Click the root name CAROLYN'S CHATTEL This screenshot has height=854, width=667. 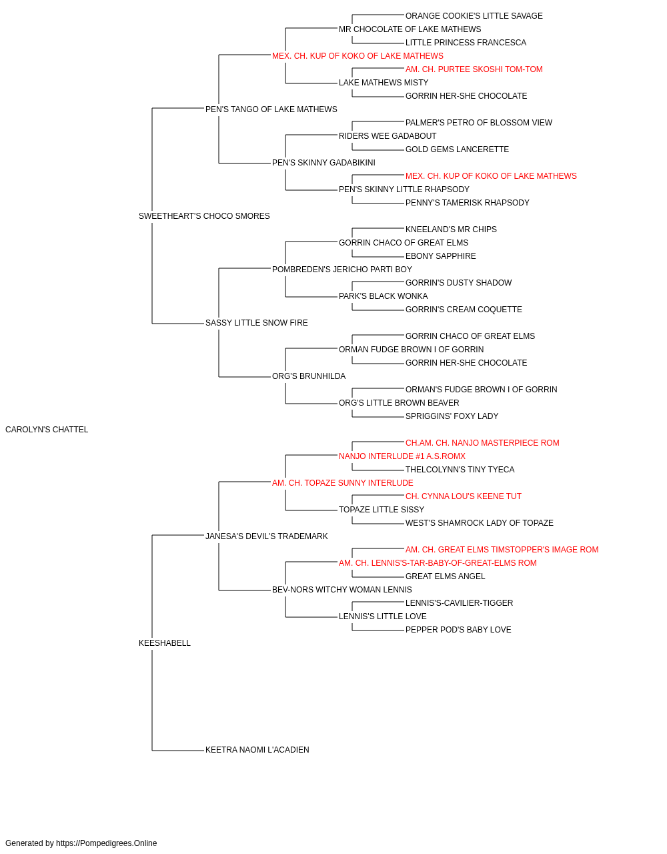click(x=47, y=430)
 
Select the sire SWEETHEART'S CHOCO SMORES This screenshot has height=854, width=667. click(x=204, y=216)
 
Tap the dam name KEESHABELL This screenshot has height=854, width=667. click(x=165, y=643)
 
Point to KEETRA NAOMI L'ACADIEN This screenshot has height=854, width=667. click(x=257, y=750)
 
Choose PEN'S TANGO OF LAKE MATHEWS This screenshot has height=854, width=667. click(x=271, y=109)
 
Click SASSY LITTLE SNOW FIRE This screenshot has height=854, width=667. click(x=257, y=323)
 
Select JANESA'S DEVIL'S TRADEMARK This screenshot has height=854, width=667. click(x=267, y=536)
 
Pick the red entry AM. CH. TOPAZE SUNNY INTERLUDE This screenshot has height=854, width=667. click(x=343, y=483)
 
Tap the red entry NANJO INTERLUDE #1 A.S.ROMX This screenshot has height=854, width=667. click(x=402, y=456)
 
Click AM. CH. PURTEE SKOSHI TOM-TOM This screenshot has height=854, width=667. click(x=474, y=69)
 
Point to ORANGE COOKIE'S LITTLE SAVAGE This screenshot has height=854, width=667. click(x=474, y=16)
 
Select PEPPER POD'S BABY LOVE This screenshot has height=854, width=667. click(x=458, y=630)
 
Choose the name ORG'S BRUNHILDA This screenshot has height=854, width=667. click(x=309, y=376)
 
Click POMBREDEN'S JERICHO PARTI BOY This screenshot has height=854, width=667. click(x=342, y=270)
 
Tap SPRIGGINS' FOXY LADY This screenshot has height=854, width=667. click(x=452, y=416)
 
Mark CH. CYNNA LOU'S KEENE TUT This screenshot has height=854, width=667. click(x=464, y=496)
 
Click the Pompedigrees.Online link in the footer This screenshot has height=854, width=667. click(x=107, y=843)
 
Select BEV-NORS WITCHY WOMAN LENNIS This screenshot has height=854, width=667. click(x=342, y=590)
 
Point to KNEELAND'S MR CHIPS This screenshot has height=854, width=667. click(x=451, y=230)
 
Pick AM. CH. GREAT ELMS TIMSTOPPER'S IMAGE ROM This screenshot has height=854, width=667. click(x=502, y=550)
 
